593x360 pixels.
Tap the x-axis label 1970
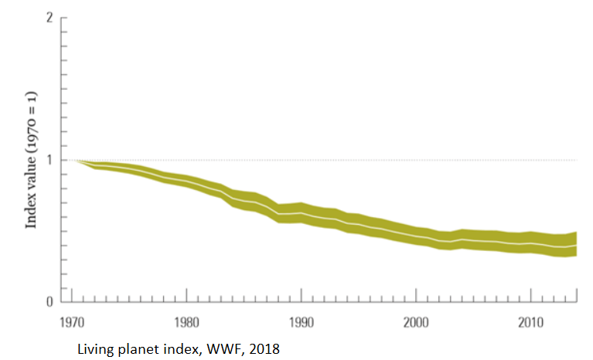point(71,321)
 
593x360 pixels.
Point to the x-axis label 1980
point(186,321)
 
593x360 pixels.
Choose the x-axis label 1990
point(301,321)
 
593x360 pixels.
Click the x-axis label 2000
point(416,321)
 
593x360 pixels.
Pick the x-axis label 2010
point(530,321)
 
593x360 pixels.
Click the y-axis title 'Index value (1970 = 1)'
point(32,160)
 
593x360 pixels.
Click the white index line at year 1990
point(301,212)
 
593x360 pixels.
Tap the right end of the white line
point(576,245)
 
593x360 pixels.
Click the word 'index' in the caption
point(174,348)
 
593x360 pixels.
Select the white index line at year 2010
point(530,243)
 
